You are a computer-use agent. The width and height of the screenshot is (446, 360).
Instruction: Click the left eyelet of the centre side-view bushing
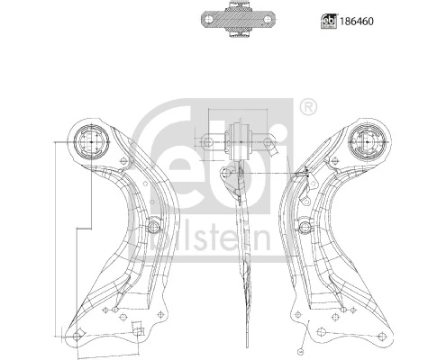point(207,140)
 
